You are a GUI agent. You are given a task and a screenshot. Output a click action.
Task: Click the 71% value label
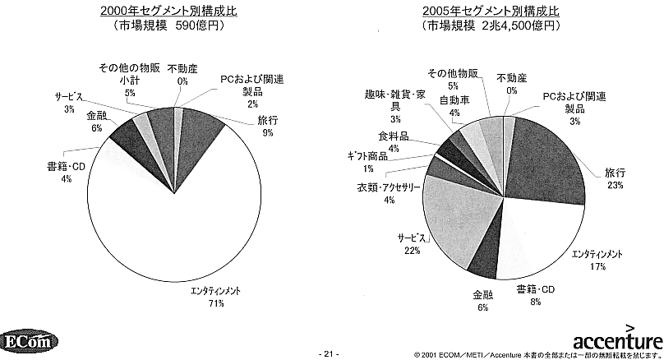[x=195, y=302]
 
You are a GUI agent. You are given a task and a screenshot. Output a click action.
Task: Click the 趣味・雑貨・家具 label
[x=394, y=100]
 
